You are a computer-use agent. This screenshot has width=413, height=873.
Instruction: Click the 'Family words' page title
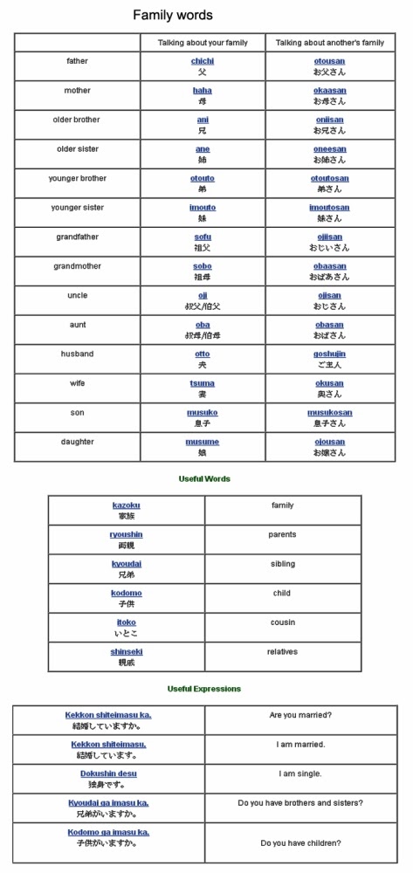(x=172, y=15)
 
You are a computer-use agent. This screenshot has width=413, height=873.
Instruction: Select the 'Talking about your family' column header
(x=203, y=42)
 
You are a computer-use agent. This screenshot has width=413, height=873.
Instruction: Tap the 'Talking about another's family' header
(x=329, y=42)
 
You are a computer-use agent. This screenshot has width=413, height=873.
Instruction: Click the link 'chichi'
(x=203, y=61)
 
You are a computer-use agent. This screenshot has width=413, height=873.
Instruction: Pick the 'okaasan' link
(x=329, y=90)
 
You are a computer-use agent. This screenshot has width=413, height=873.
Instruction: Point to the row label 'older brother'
(x=77, y=120)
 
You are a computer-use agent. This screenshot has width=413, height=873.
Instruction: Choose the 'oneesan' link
(x=329, y=148)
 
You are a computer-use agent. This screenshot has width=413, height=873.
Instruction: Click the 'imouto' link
(x=203, y=208)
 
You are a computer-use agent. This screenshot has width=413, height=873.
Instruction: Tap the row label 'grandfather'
(x=77, y=237)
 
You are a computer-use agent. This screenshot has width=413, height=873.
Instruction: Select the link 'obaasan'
(x=329, y=266)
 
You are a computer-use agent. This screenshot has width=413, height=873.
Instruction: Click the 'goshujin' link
(x=329, y=354)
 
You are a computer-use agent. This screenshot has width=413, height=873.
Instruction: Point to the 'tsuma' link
(x=203, y=383)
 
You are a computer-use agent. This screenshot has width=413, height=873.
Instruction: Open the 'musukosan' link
(x=329, y=413)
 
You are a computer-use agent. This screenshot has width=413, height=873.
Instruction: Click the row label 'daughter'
(x=77, y=442)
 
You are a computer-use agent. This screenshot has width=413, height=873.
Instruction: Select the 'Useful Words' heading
(x=204, y=478)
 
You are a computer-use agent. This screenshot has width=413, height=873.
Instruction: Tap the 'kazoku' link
(x=126, y=505)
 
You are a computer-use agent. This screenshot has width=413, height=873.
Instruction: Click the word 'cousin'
(x=282, y=622)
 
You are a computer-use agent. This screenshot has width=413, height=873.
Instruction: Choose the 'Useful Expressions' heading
(x=204, y=689)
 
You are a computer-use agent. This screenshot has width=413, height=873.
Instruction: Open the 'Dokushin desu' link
(x=108, y=773)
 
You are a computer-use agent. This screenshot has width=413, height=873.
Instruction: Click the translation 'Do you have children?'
(x=300, y=843)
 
